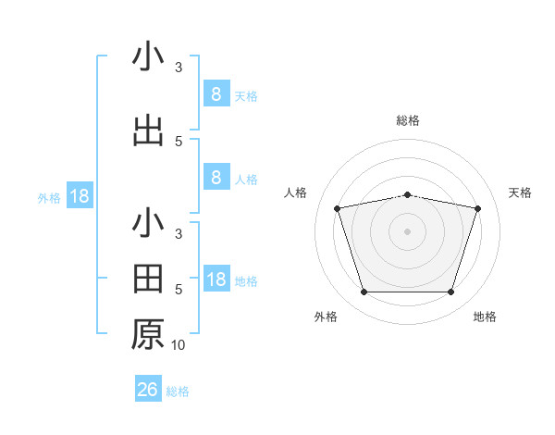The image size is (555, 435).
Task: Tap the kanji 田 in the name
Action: coord(148,278)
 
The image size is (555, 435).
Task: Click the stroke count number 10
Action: coord(179,345)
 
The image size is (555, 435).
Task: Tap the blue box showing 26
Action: coord(148,390)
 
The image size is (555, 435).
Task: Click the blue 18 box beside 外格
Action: coord(79,196)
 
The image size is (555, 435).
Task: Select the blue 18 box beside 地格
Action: coord(216,280)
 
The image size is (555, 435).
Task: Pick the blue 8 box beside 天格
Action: coord(216,93)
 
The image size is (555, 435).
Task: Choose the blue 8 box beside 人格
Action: coord(216,178)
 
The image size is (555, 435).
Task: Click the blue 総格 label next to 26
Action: coord(178,391)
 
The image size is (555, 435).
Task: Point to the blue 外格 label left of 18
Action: coord(49,197)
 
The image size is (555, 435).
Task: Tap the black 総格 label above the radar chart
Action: coord(407,120)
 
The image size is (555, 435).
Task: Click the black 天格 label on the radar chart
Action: coord(520,193)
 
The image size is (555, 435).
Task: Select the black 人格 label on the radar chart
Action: coord(296,193)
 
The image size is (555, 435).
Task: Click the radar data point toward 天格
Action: coord(477,208)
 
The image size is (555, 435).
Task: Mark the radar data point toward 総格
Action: coord(407,194)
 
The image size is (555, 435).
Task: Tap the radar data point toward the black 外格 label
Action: coord(364,292)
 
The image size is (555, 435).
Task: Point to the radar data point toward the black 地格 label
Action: coord(450,292)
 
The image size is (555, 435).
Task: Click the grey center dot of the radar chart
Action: coord(407,231)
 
